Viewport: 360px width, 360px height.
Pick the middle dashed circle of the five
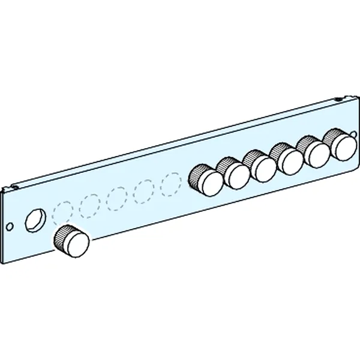tap(117, 197)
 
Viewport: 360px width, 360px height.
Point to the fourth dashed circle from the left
tap(145, 190)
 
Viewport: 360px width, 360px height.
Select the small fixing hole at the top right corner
tap(339, 100)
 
